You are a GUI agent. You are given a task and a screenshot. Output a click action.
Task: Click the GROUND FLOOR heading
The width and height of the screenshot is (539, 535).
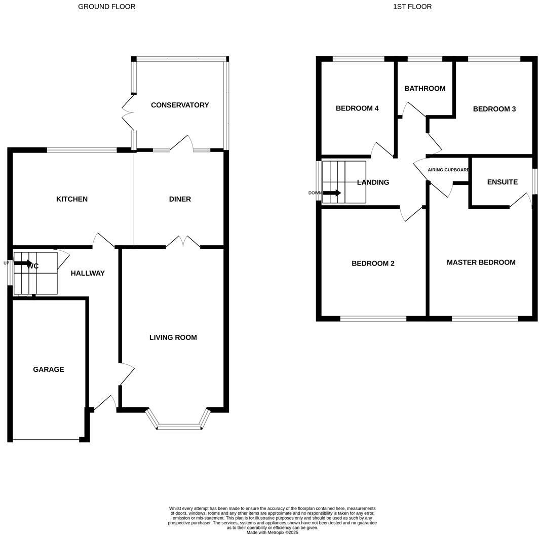pos(106,7)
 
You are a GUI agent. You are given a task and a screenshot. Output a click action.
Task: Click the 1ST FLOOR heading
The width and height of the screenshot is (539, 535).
pos(412,7)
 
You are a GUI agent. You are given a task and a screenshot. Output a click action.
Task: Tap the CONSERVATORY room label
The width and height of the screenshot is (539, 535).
pos(179,105)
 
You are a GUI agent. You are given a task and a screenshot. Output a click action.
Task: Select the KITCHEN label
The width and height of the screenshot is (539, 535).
pos(72,199)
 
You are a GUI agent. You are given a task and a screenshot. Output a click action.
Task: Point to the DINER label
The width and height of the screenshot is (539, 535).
pos(180,199)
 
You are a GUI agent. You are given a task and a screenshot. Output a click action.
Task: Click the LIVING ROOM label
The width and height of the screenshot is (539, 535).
pos(173,337)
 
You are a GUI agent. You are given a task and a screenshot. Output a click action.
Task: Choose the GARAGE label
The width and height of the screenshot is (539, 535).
pos(49,369)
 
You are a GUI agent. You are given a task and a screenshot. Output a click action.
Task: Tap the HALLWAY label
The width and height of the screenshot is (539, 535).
pos(88,273)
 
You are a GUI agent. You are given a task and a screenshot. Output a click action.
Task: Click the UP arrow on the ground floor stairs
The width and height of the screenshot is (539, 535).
pos(23,263)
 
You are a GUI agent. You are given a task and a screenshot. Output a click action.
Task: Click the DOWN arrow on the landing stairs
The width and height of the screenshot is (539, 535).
pos(331,193)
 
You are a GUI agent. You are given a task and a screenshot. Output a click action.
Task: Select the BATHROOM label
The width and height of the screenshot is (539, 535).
pos(425,88)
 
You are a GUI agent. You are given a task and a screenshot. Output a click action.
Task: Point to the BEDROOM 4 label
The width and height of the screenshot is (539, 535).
pos(357,108)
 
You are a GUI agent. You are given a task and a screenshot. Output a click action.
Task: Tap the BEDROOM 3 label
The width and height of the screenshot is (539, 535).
pos(494,109)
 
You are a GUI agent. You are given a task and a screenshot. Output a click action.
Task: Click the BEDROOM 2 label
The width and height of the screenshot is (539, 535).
pos(373,263)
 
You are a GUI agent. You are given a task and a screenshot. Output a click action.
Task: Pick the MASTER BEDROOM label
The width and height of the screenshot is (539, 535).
pos(481,262)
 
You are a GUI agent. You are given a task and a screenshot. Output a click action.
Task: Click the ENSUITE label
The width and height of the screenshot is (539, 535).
pos(502,182)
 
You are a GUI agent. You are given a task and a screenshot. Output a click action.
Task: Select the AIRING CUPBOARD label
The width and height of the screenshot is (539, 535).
pos(448,170)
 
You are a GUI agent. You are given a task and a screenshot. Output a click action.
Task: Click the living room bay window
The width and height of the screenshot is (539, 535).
pos(178,427)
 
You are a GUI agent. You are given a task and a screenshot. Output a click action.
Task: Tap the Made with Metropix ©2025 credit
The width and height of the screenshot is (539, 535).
pos(272,532)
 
